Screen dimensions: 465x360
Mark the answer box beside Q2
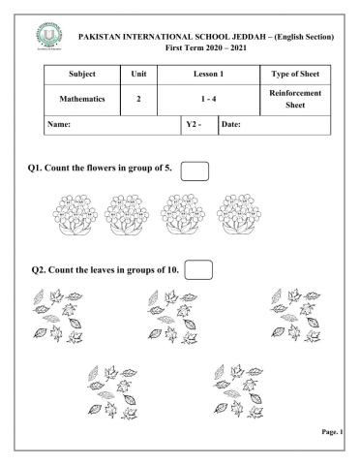point(197,268)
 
